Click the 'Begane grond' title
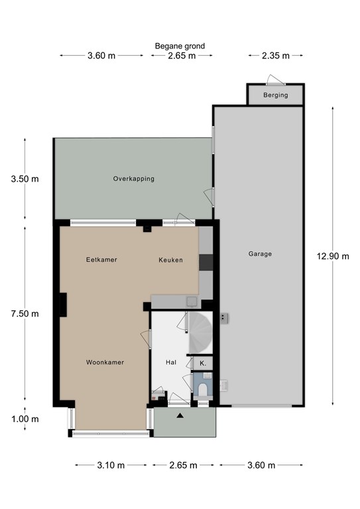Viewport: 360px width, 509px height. (180, 46)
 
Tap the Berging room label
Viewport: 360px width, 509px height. (275, 95)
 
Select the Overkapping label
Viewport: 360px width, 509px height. (133, 179)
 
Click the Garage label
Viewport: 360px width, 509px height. (260, 254)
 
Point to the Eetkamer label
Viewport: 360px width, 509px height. (101, 260)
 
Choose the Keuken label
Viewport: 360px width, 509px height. (170, 260)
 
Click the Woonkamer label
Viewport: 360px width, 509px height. (105, 363)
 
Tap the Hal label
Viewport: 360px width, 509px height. (170, 363)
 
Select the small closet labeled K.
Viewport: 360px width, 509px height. (203, 364)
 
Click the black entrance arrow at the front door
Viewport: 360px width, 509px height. (180, 416)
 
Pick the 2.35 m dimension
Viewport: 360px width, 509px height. (275, 56)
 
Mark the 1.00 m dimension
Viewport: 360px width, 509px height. (25, 419)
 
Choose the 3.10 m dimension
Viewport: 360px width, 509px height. (110, 465)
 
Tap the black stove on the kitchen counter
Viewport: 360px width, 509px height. (206, 262)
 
